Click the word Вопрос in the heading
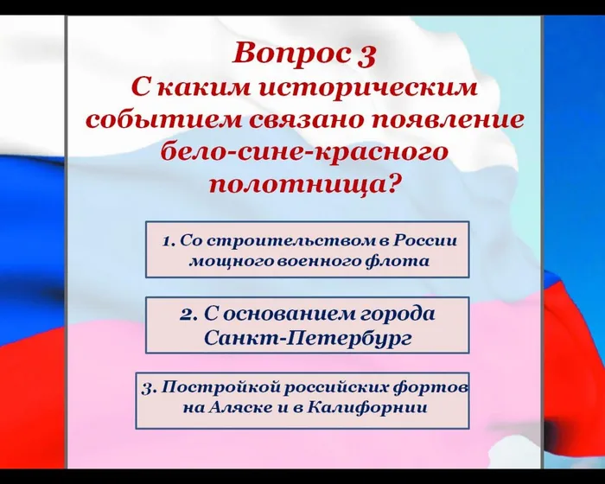(x=290, y=54)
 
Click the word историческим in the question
(x=388, y=87)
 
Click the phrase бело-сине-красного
(x=304, y=151)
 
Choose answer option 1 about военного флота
(x=307, y=249)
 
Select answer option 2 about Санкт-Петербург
(x=307, y=325)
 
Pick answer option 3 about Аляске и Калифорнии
(x=302, y=399)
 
